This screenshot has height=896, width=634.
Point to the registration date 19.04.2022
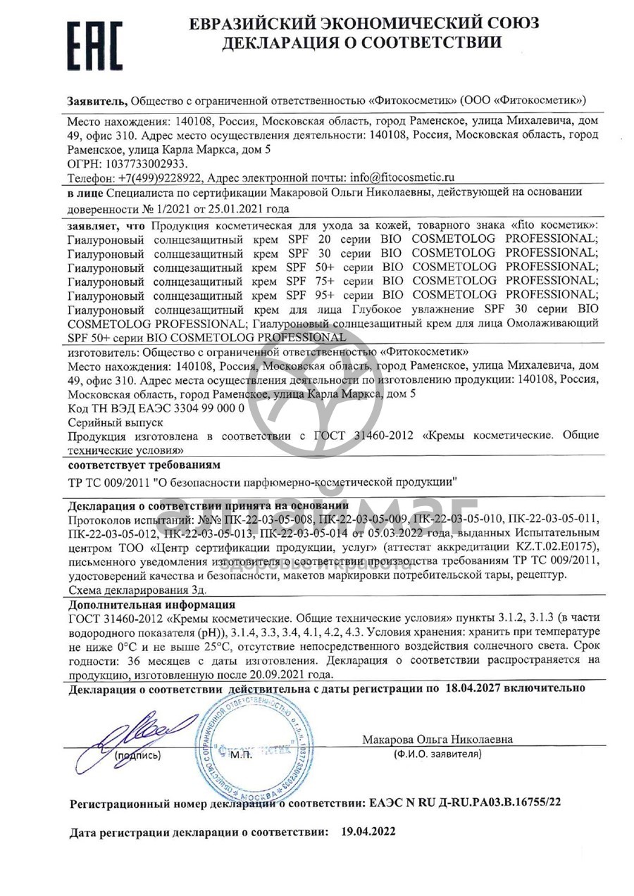click(368, 831)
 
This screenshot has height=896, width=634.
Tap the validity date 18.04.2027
click(473, 687)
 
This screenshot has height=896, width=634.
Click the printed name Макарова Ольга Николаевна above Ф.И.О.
click(437, 740)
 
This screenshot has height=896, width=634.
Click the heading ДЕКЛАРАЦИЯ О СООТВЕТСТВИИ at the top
click(362, 42)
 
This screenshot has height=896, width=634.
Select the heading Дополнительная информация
click(151, 605)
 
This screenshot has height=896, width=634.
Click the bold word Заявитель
click(98, 101)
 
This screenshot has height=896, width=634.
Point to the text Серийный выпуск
click(116, 422)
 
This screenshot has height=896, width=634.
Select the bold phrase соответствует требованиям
click(144, 466)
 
